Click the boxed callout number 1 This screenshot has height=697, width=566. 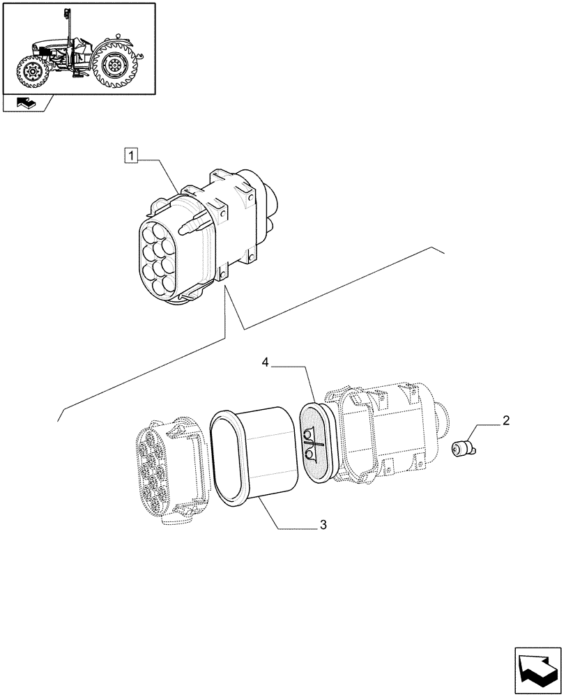(130, 155)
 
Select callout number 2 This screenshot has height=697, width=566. (505, 420)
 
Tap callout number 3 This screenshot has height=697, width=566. (323, 525)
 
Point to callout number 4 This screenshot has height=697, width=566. (266, 362)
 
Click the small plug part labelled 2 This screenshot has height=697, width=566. (461, 450)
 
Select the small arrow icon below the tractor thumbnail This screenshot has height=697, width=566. (26, 104)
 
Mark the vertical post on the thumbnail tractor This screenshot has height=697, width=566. (68, 28)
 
